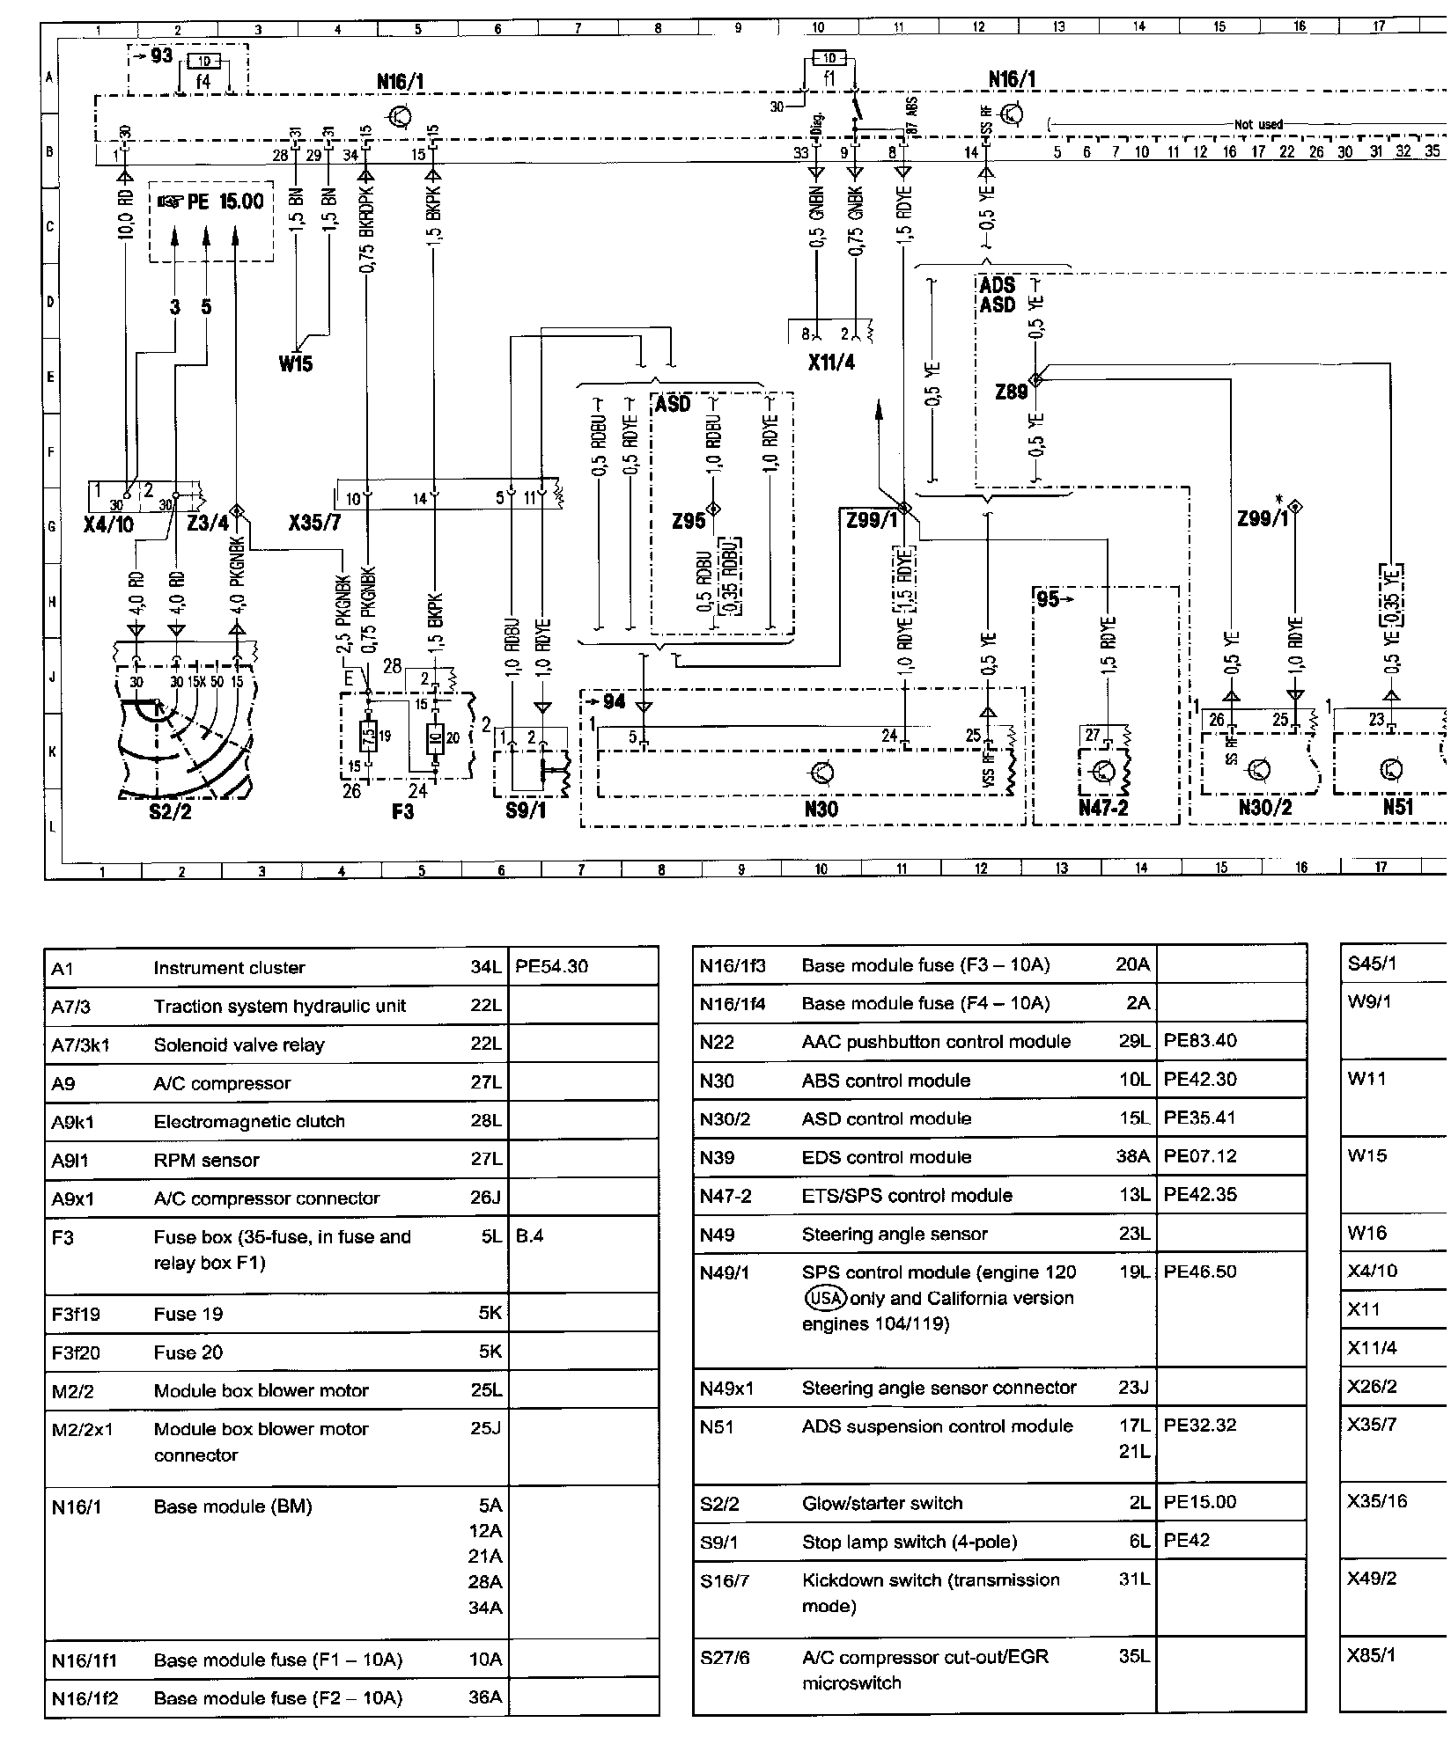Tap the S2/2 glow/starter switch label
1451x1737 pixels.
171,811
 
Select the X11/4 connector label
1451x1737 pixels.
831,362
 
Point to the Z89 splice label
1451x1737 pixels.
1012,392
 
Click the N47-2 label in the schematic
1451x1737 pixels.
1103,808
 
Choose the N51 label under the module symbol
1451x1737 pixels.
1397,808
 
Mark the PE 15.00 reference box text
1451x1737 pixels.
210,202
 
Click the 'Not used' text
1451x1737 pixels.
1258,125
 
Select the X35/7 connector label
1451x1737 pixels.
314,524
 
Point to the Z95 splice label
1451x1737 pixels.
689,521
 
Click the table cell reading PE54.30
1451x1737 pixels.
551,966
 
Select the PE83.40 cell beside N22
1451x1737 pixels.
1200,1041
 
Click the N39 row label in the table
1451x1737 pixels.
717,1156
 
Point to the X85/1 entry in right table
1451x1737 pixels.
1372,1655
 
